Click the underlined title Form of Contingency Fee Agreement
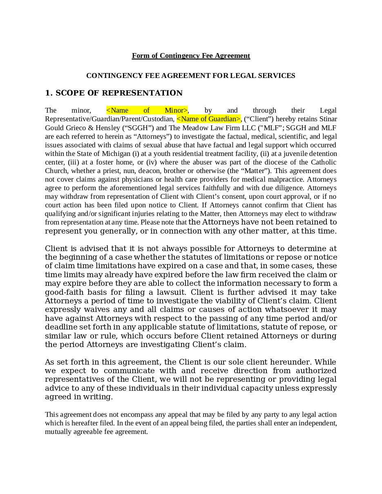pyautogui.click(x=191, y=56)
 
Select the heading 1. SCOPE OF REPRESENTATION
pyautogui.click(x=114, y=93)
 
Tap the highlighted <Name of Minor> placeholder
pyautogui.click(x=147, y=110)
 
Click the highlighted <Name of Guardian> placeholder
pyautogui.click(x=208, y=119)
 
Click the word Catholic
pyautogui.click(x=324, y=162)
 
